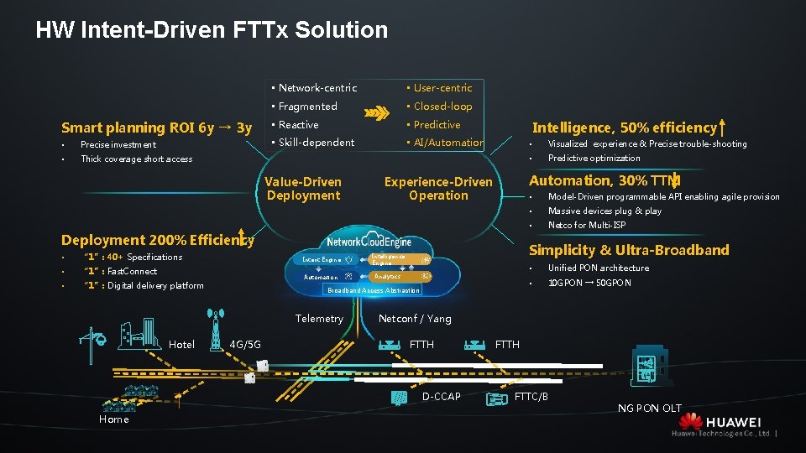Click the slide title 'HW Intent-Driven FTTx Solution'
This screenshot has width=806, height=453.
point(212,31)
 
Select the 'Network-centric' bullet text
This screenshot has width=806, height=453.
point(317,87)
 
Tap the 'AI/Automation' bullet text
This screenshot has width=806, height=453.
point(448,143)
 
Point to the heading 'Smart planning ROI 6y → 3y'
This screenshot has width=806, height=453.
point(157,128)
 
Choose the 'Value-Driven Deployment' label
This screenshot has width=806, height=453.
point(303,189)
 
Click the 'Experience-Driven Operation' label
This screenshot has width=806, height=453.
point(438,189)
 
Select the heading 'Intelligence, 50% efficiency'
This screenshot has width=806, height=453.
point(625,128)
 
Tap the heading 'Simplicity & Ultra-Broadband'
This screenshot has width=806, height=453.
point(628,250)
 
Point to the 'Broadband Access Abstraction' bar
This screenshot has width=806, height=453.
point(374,290)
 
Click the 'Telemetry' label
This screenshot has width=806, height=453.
point(319,319)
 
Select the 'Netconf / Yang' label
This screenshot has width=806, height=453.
point(415,319)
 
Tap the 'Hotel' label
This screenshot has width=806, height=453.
point(182,345)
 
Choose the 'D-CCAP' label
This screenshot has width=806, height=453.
point(441,396)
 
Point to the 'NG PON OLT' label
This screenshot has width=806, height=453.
point(650,409)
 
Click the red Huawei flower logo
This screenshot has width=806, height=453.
point(690,421)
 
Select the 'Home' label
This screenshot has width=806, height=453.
point(114,419)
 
